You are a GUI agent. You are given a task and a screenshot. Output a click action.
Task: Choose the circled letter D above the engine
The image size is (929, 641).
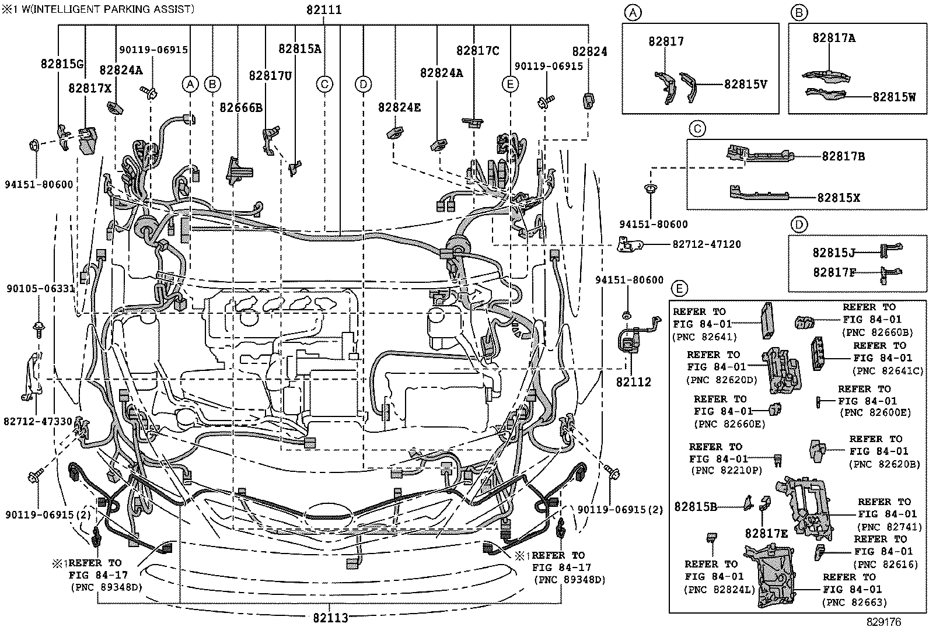[x=363, y=85]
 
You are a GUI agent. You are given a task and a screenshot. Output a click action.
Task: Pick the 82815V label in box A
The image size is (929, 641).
[x=745, y=84]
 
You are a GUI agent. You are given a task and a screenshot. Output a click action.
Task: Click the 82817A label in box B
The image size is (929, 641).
[x=834, y=38]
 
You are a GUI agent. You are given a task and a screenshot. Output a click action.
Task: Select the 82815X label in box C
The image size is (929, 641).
[x=838, y=198]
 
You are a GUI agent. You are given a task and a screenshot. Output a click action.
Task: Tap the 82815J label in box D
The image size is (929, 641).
[x=834, y=253]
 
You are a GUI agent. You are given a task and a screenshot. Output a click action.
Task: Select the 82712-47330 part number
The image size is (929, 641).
[x=38, y=421]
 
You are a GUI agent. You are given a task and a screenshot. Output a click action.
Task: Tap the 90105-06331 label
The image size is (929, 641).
[x=41, y=288]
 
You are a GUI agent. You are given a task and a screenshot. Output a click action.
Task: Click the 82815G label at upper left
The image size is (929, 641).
[x=62, y=64]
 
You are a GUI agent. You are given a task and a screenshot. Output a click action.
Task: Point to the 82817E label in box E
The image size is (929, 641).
[x=766, y=533]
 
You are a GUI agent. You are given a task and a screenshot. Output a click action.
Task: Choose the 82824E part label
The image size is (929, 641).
[x=399, y=107]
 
